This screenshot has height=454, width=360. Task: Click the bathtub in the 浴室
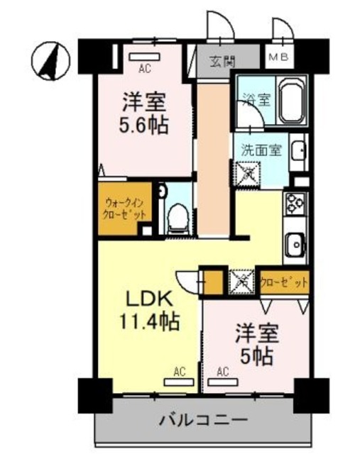click(x=290, y=103)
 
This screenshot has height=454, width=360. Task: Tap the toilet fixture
click(x=178, y=216)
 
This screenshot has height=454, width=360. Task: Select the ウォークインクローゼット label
click(x=121, y=208)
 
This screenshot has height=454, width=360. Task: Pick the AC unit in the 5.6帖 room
click(x=145, y=57)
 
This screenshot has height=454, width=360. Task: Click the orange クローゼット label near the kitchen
click(x=284, y=282)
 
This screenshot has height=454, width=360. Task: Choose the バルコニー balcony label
click(x=202, y=420)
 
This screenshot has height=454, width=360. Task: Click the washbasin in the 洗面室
click(x=300, y=151)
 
